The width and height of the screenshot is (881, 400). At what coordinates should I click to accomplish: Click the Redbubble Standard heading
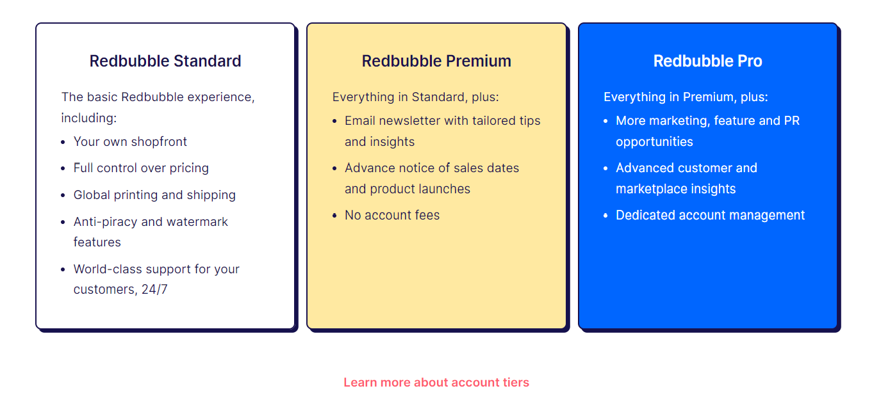click(x=165, y=61)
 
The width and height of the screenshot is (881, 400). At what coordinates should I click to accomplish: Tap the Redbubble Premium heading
click(x=436, y=61)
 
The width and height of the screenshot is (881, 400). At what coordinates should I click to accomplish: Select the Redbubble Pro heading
click(x=707, y=61)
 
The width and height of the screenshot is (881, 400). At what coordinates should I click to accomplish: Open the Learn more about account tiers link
click(x=436, y=382)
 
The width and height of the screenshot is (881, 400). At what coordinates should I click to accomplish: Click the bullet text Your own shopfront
click(x=130, y=141)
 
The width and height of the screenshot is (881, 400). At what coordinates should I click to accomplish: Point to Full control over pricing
click(x=141, y=168)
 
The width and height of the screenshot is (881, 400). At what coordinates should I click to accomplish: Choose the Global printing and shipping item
click(x=154, y=195)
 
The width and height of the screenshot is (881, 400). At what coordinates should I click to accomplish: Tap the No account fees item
click(x=392, y=215)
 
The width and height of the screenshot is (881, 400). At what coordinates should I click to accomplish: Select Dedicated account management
click(x=710, y=215)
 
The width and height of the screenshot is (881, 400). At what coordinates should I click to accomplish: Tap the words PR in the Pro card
click(x=792, y=120)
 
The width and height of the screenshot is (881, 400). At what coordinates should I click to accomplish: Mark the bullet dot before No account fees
click(x=334, y=216)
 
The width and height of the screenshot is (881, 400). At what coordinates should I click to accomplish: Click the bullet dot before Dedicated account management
click(x=606, y=216)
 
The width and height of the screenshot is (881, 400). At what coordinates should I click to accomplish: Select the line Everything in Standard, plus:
click(x=415, y=97)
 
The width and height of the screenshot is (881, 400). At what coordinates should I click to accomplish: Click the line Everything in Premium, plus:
click(x=686, y=97)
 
